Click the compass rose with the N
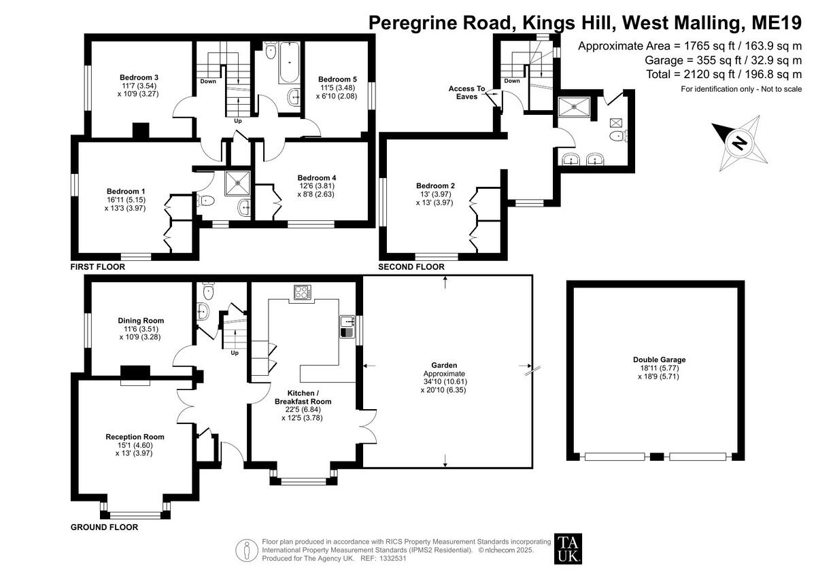(x=738, y=143)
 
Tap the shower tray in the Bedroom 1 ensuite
(x=239, y=179)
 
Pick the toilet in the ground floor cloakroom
(x=209, y=291)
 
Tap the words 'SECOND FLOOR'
(x=411, y=267)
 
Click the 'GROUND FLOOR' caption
(x=104, y=527)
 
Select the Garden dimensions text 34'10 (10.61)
(x=445, y=382)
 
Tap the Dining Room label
(x=141, y=321)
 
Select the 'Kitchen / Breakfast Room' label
(x=303, y=398)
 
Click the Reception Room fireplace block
(x=135, y=372)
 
